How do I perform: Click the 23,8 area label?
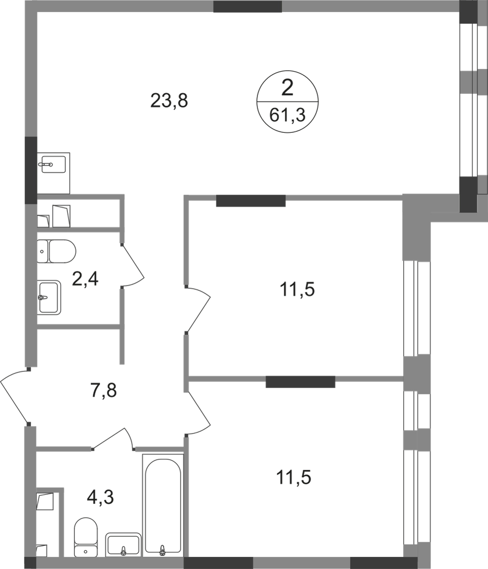pyautogui.click(x=169, y=100)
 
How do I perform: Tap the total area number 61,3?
pyautogui.click(x=287, y=114)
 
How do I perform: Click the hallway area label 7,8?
pyautogui.click(x=103, y=393)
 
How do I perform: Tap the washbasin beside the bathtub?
pyautogui.click(x=122, y=544)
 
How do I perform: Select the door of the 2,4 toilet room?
pyautogui.click(x=132, y=266)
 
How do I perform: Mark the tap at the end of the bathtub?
pyautogui.click(x=162, y=550)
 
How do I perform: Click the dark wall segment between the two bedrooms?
pyautogui.click(x=301, y=381)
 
